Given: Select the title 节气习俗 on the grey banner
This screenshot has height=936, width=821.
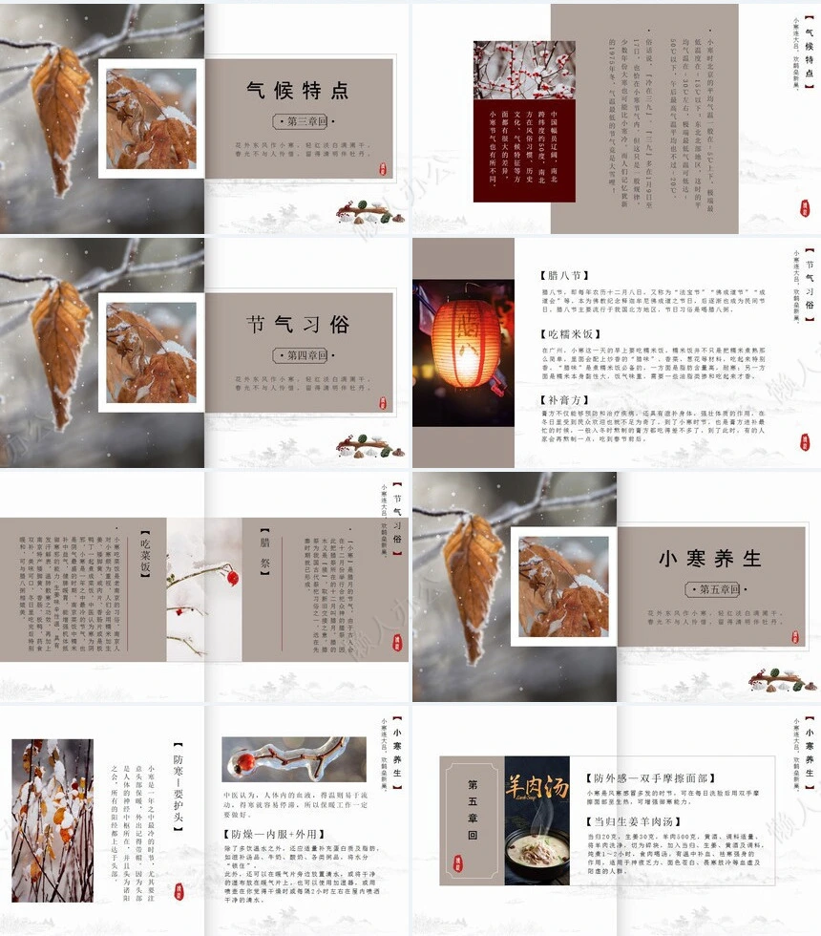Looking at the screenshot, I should [x=298, y=325].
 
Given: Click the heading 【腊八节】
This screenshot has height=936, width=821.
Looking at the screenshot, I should [x=564, y=276].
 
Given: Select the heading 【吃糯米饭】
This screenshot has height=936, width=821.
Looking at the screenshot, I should [x=570, y=335].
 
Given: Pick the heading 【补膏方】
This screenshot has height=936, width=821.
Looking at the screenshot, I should [x=564, y=400].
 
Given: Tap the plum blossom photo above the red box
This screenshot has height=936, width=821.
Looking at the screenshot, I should [x=511, y=71].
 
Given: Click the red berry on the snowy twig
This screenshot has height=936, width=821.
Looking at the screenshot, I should [x=231, y=577].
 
